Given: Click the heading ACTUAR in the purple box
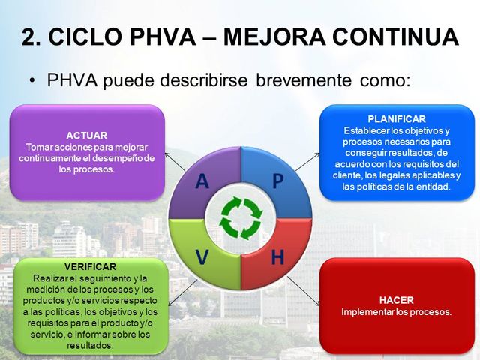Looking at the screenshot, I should (86, 136).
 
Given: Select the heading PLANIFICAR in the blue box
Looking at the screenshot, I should (397, 119).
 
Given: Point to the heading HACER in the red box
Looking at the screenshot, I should (397, 299).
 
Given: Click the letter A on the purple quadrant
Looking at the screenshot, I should (202, 182).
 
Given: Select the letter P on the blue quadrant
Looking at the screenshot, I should (277, 182).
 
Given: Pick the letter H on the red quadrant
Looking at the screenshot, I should (277, 257).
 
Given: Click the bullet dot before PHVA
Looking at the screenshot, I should (32, 80).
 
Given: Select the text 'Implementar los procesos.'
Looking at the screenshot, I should (397, 311).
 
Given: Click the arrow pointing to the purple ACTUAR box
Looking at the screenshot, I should (174, 160).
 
